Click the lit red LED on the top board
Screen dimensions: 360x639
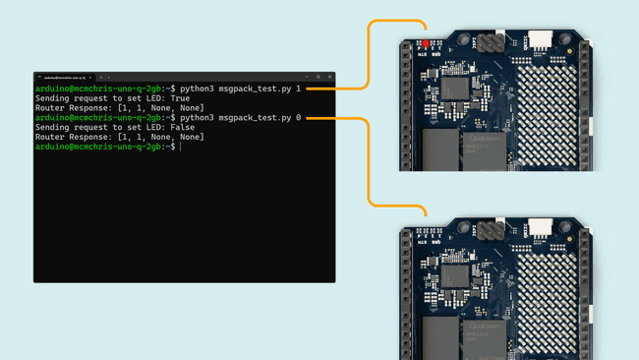(426, 44)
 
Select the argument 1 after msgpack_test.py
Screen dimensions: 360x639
(299, 89)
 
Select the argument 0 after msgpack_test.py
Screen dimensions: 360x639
(299, 118)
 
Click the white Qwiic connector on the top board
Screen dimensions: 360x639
(540, 38)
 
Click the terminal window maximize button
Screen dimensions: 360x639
(317, 77)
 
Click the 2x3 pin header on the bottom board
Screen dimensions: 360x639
(492, 231)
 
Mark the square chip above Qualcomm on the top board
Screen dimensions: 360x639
(454, 88)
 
